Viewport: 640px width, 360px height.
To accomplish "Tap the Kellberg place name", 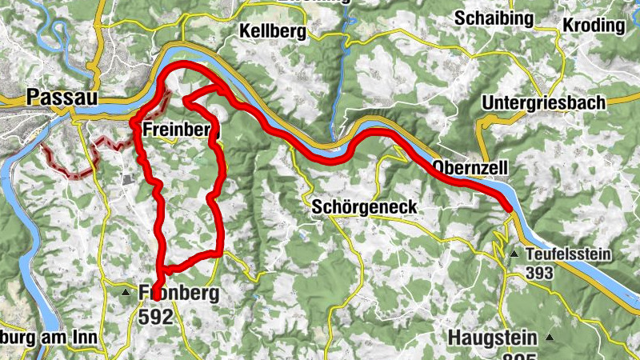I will (x=273, y=31).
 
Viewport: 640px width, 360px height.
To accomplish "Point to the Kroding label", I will (x=594, y=25).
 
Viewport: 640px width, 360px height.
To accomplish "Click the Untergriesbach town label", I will (x=544, y=103).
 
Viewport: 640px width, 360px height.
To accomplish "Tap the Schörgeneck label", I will (x=364, y=206).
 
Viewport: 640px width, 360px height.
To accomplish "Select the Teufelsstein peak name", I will (x=569, y=254).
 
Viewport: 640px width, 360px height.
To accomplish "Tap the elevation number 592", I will (x=155, y=317).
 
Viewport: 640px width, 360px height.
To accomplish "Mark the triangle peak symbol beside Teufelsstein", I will (x=514, y=254).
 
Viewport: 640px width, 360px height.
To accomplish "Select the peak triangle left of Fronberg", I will (x=126, y=294).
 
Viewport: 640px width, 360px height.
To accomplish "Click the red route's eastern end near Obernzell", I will (x=510, y=210).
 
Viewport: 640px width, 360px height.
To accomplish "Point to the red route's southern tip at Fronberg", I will (x=156, y=294).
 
